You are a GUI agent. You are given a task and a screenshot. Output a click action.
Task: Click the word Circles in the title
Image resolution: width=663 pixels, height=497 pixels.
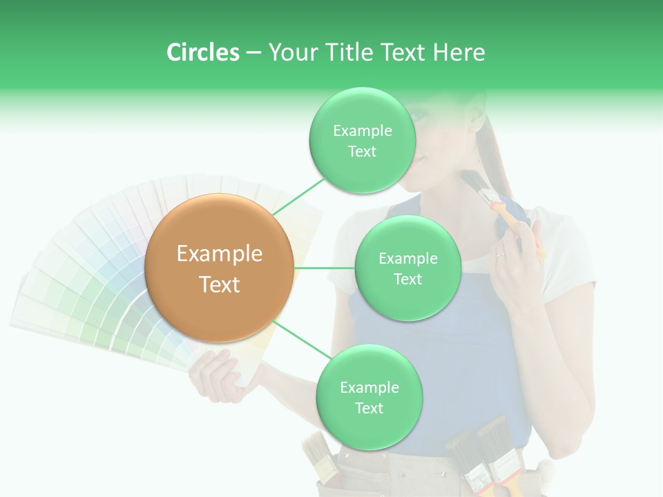[202, 52]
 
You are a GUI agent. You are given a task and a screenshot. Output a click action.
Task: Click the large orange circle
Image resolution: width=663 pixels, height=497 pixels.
[219, 269]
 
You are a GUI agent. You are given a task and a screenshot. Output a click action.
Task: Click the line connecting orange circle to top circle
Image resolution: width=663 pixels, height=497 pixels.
[298, 196]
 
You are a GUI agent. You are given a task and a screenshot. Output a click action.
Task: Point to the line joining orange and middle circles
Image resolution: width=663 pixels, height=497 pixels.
[325, 268]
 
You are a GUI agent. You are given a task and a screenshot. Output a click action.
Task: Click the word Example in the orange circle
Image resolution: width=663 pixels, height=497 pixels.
[219, 254]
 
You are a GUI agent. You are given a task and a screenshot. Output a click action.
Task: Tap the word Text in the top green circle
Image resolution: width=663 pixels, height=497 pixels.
[362, 152]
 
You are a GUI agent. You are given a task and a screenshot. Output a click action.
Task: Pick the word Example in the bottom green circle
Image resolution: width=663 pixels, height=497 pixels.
[369, 387]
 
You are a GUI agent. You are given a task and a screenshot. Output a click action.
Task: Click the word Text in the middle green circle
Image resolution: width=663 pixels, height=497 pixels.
[407, 279]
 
